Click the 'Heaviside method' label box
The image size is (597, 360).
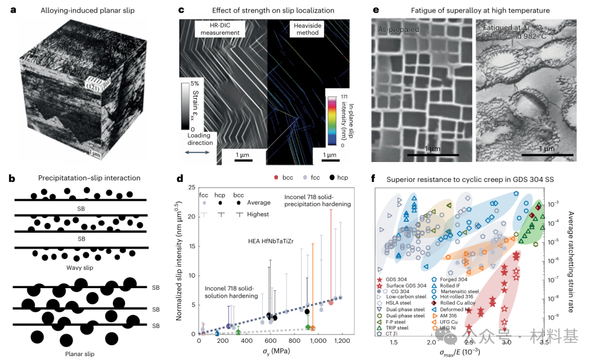[x=307, y=29]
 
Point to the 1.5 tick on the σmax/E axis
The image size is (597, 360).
[x=394, y=342]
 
